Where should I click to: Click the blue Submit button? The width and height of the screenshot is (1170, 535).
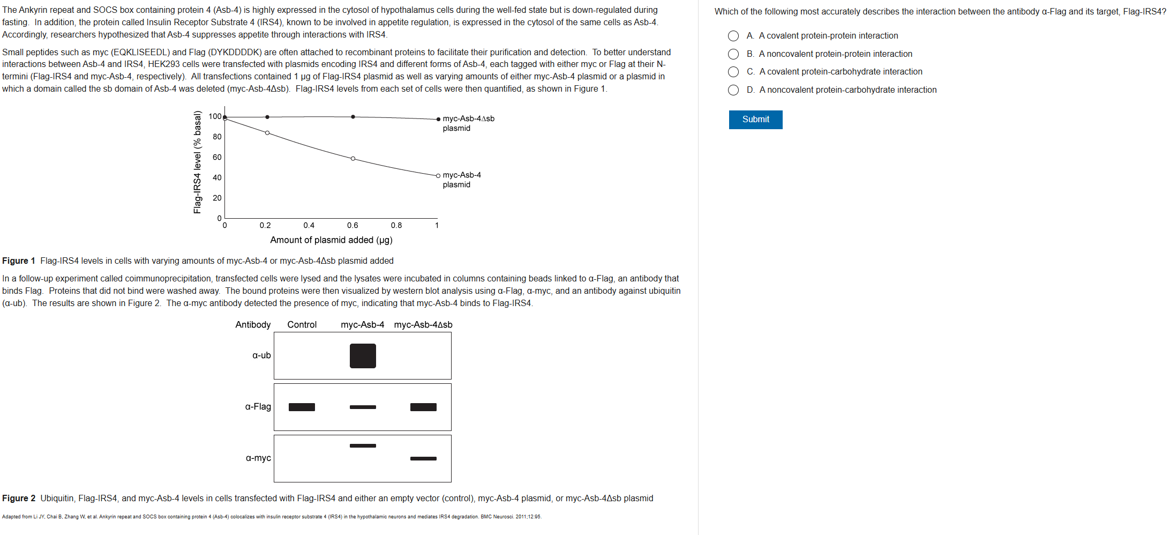[x=755, y=120]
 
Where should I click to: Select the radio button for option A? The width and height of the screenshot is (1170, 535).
[x=733, y=36]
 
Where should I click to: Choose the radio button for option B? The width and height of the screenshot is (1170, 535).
[x=733, y=54]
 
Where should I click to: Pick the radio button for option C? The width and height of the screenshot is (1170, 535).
[x=733, y=72]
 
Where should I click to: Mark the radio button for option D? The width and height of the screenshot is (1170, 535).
[x=733, y=90]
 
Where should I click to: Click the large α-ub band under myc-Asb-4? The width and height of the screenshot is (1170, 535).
[x=363, y=356]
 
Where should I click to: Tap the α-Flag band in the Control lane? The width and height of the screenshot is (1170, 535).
[x=302, y=407]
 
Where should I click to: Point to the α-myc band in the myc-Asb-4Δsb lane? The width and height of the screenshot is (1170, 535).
[x=423, y=458]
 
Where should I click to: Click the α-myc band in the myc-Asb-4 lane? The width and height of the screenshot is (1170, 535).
[x=363, y=445]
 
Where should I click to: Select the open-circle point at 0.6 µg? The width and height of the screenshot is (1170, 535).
[x=352, y=159]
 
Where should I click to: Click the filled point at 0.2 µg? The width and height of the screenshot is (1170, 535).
[x=267, y=117]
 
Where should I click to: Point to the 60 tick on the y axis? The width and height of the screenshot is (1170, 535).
[x=217, y=157]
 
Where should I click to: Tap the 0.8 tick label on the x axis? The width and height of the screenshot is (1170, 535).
[x=396, y=226]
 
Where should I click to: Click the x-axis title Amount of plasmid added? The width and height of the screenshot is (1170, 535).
[x=331, y=240]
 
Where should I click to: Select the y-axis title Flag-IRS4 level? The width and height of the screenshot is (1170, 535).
[x=198, y=162]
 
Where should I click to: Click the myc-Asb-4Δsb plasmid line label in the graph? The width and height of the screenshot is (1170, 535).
[x=468, y=123]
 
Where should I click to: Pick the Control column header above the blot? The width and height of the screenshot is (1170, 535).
[x=302, y=325]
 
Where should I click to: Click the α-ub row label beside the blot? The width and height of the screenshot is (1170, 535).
[x=261, y=355]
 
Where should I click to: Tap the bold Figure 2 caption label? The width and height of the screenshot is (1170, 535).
[x=19, y=499]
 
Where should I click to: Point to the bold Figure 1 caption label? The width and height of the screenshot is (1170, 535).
[x=19, y=261]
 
